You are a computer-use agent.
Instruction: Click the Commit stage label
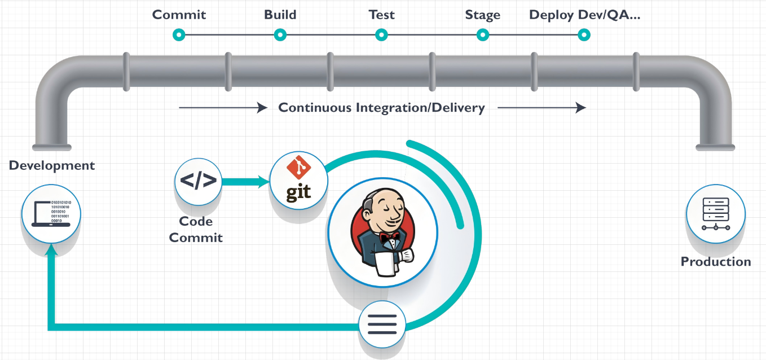(179, 15)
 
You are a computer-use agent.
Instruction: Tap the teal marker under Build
(280, 35)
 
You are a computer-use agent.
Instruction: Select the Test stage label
(381, 15)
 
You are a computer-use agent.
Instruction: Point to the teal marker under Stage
(483, 35)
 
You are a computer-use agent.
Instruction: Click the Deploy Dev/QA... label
(584, 15)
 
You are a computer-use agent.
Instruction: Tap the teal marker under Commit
(179, 35)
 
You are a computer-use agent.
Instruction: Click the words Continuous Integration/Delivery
(381, 107)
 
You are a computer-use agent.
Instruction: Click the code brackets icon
(198, 181)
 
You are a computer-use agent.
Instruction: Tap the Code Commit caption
(196, 229)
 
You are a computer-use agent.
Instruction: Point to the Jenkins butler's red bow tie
(389, 238)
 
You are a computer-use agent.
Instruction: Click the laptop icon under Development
(51, 213)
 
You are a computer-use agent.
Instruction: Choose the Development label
(52, 166)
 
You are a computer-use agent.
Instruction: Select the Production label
(715, 262)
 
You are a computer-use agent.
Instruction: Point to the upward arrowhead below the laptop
(51, 252)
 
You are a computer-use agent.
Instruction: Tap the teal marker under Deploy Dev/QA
(584, 35)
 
